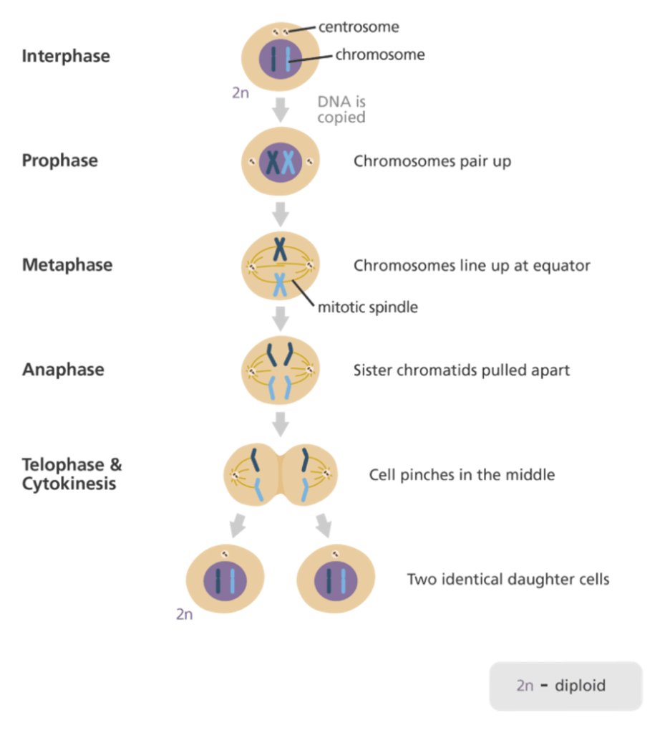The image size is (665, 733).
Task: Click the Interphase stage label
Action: click(66, 56)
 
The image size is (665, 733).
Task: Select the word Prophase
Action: click(60, 161)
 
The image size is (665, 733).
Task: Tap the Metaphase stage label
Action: click(67, 265)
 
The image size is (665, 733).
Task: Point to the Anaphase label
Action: click(63, 370)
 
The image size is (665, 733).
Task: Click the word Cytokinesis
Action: click(69, 484)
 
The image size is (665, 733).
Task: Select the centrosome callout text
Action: click(359, 27)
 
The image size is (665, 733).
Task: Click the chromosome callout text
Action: click(380, 54)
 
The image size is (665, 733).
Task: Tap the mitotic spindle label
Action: click(367, 307)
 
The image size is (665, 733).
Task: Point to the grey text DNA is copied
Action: click(341, 110)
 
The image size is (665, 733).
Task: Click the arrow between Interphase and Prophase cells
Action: click(280, 110)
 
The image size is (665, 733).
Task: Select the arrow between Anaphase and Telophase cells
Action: click(280, 424)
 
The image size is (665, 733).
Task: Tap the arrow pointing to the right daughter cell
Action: click(324, 525)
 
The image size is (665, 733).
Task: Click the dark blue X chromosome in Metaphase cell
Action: click(280, 249)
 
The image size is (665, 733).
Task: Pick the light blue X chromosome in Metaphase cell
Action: click(280, 284)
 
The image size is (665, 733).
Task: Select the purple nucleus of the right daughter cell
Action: click(336, 580)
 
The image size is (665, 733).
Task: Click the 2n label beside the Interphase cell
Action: click(241, 93)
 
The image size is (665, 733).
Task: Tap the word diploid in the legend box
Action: click(580, 686)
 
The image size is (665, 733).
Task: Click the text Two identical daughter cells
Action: click(508, 579)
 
